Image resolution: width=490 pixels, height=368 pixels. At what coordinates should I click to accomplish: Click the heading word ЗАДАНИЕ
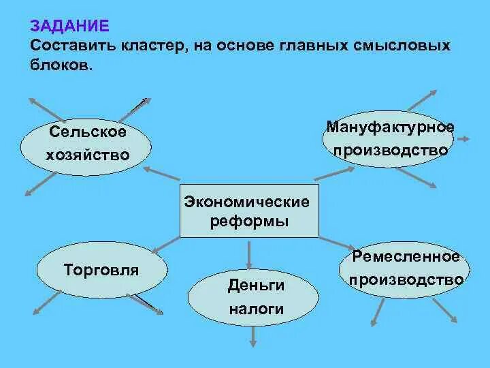click(69, 27)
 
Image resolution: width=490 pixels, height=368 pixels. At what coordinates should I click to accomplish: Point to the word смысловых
click(402, 46)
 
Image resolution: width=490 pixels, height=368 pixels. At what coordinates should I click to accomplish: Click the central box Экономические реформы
click(248, 211)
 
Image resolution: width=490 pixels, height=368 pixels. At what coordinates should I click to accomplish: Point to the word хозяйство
click(87, 155)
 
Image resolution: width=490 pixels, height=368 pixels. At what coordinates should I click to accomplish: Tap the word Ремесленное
click(406, 257)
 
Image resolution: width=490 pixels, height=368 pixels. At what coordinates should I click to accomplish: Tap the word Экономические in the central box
click(246, 202)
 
